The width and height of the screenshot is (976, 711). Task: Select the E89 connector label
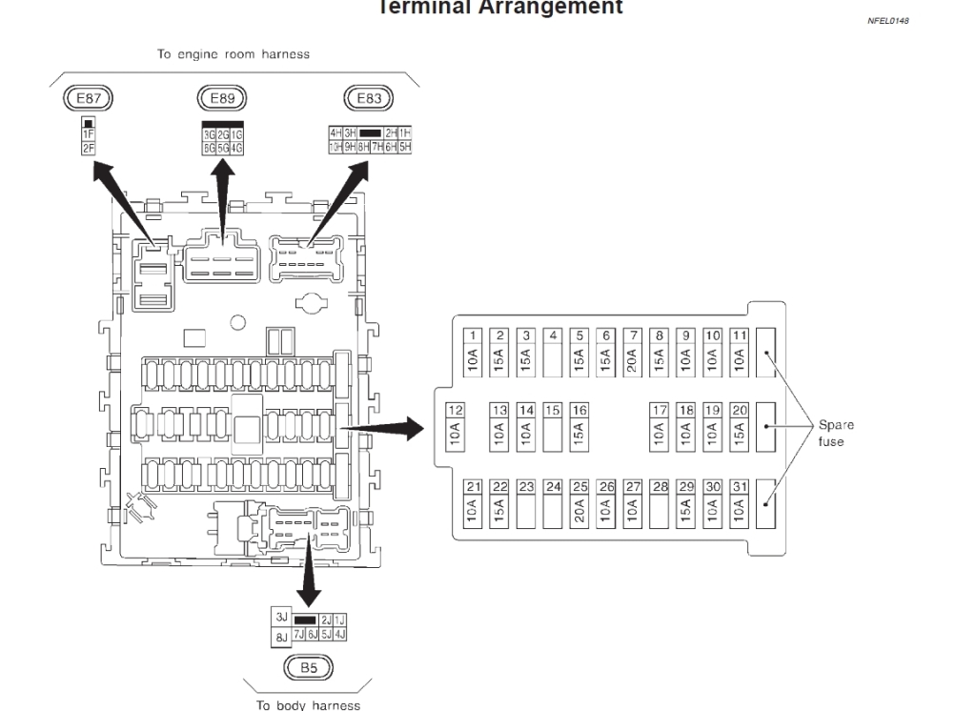coord(222,97)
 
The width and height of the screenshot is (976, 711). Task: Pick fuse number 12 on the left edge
coord(456,426)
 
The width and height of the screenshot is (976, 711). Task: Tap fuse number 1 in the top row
coord(474,354)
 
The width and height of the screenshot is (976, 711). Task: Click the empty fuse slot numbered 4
coord(553,354)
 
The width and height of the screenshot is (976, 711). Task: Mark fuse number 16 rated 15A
coord(579,426)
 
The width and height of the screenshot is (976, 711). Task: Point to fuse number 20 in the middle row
coord(739,426)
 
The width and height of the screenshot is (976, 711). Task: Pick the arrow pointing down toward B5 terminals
coord(307,577)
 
